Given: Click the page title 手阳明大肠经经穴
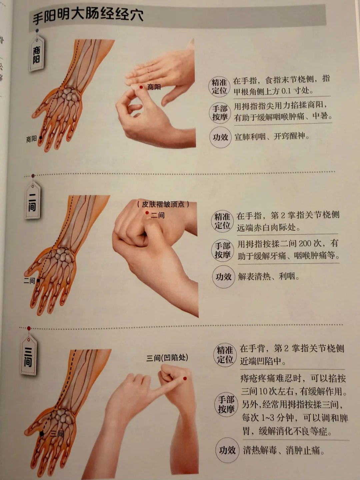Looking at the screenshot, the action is (x=88, y=16).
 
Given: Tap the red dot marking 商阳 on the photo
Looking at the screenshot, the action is (x=141, y=87).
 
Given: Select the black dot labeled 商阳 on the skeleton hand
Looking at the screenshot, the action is (x=41, y=138).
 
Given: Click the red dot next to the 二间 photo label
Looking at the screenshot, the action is (x=147, y=213).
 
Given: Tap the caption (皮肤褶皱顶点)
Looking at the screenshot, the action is (x=163, y=204).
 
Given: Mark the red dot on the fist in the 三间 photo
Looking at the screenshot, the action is (x=185, y=379).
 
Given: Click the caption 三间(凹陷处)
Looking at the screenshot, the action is (x=167, y=358).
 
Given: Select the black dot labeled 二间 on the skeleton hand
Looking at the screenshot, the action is (x=38, y=280).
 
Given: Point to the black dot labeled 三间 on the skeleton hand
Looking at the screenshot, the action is (x=42, y=432).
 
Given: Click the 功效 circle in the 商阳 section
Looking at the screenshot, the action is (x=220, y=137).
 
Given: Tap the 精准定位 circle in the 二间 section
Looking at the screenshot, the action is (x=222, y=221).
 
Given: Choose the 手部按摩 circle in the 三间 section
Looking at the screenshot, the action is (x=226, y=405).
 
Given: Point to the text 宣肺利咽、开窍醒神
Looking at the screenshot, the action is (x=272, y=137).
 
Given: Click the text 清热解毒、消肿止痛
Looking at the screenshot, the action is (x=284, y=450).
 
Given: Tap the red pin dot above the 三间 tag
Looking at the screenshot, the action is (x=29, y=328).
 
